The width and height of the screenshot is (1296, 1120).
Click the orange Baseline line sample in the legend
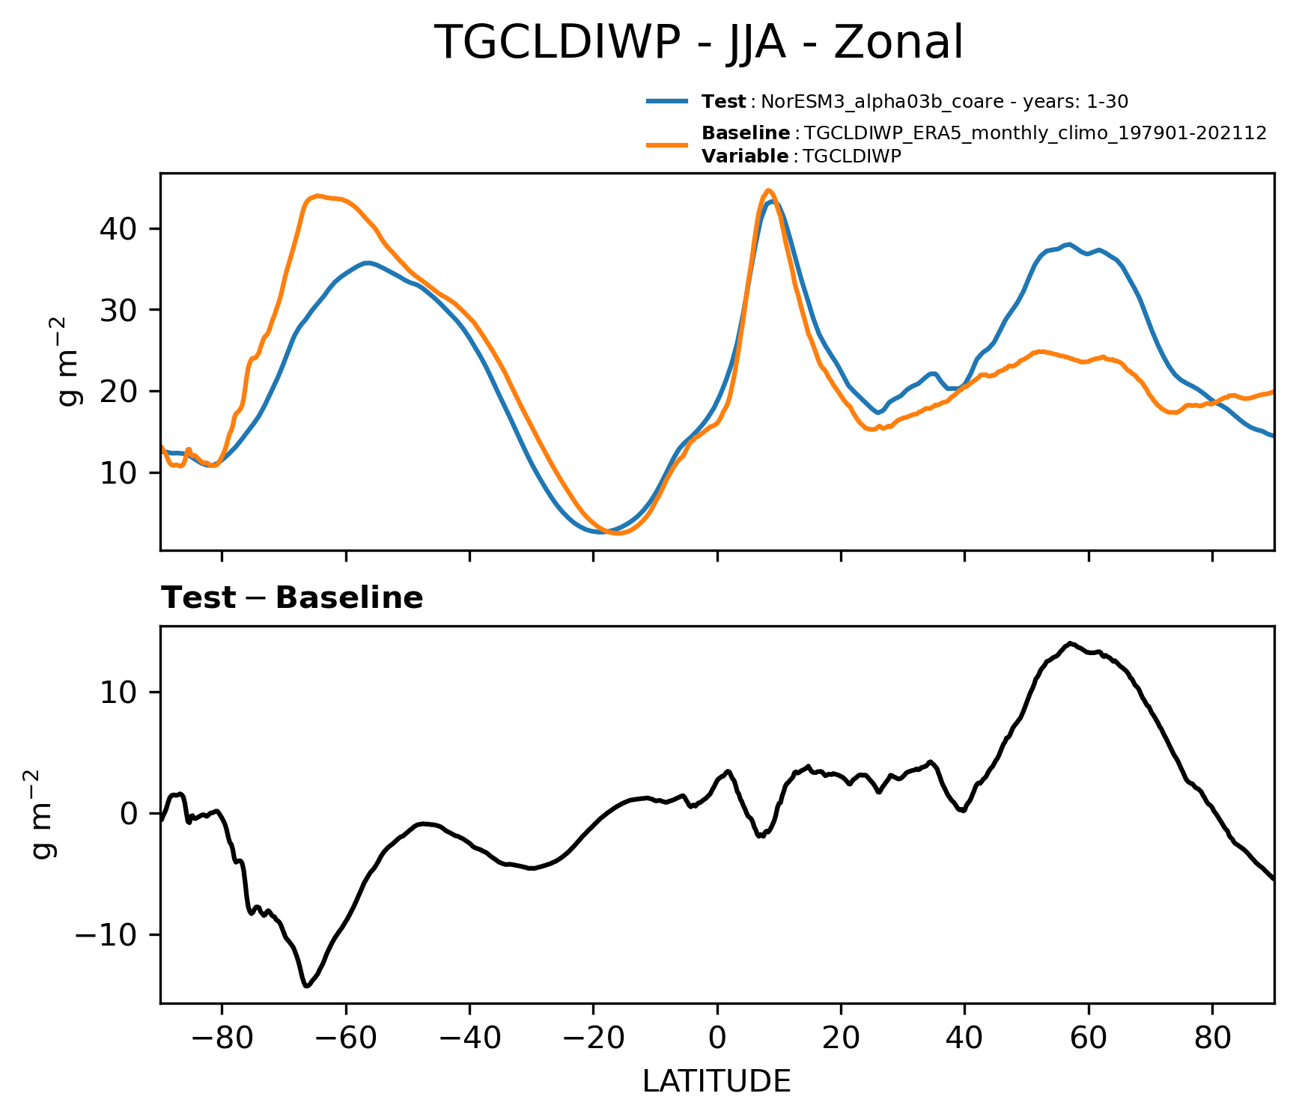pos(666,144)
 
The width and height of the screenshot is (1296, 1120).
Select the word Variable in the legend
pos(744,156)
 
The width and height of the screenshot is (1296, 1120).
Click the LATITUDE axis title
pos(717,1081)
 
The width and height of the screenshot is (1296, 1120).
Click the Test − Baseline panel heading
pos(292,598)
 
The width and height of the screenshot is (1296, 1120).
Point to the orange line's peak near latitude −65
pos(318,196)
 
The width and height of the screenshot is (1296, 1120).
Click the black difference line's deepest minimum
pos(306,986)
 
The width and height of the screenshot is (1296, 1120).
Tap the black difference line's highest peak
pos(1071,643)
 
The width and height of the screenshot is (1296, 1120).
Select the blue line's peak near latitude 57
pos(1070,244)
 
